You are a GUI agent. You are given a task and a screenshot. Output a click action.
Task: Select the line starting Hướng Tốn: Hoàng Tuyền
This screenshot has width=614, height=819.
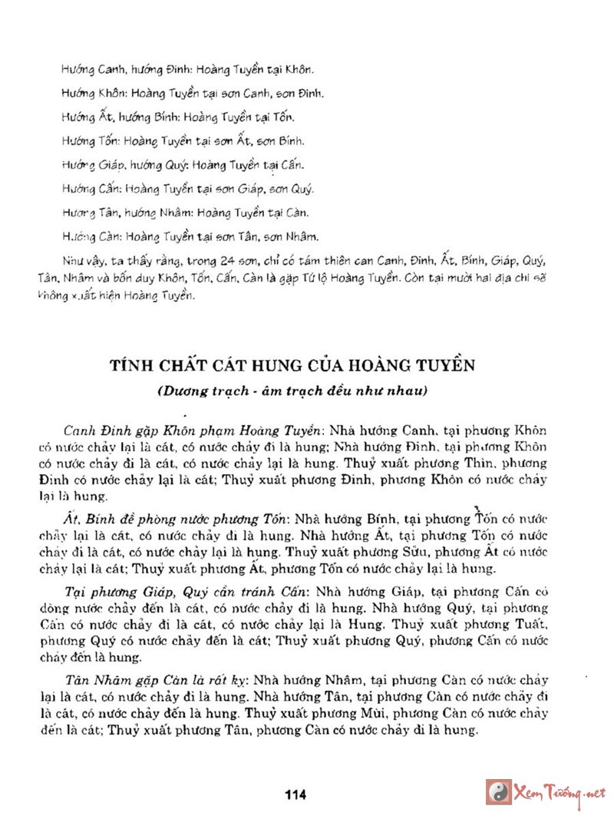tap(184, 141)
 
